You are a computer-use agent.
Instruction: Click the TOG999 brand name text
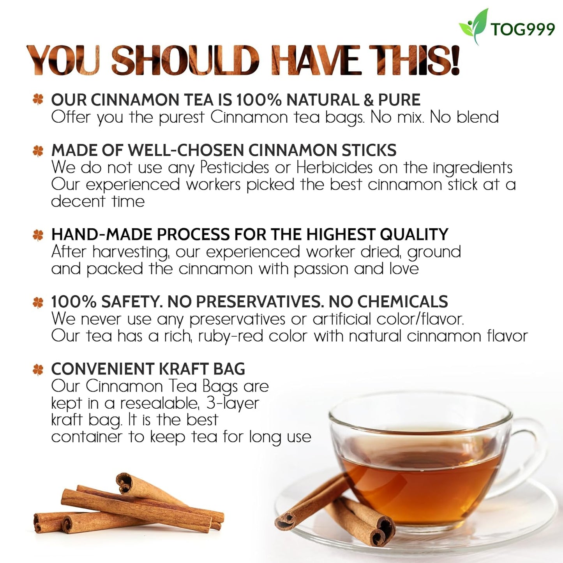coord(522,29)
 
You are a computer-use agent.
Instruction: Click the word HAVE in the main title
coord(316,60)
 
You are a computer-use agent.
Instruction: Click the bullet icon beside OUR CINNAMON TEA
coord(38,100)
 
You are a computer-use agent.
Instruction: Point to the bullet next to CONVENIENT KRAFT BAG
coord(38,369)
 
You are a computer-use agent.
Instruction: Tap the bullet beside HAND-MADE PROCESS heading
coord(38,235)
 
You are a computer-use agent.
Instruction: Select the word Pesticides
coord(235,168)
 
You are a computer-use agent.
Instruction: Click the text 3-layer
coord(233,403)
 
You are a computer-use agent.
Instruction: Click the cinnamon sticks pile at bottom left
coord(129,507)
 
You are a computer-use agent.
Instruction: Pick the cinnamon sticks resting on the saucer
coord(339,514)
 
